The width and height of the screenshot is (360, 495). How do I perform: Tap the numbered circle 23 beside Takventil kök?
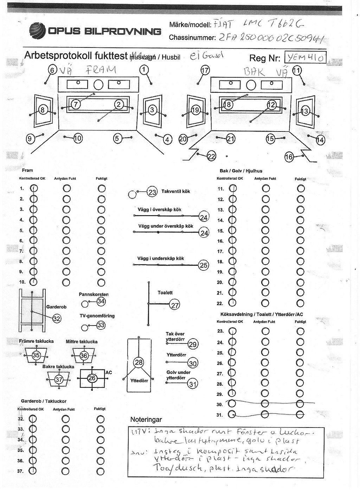pyautogui.click(x=152, y=192)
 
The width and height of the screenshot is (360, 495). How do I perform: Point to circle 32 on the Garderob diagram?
pyautogui.click(x=57, y=319)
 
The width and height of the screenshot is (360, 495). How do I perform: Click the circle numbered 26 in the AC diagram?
pyautogui.click(x=92, y=378)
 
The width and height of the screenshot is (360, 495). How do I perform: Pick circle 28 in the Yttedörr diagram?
pyautogui.click(x=140, y=363)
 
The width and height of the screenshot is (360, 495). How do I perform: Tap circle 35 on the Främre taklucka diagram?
pyautogui.click(x=36, y=355)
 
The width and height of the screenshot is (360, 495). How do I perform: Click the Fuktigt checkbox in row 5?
pyautogui.click(x=101, y=230)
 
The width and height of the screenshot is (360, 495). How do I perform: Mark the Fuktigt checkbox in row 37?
pyautogui.click(x=101, y=471)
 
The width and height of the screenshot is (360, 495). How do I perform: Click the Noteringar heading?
pyautogui.click(x=146, y=419)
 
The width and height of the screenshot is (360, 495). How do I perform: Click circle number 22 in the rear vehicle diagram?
pyautogui.click(x=212, y=156)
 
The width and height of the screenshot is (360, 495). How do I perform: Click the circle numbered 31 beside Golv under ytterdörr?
pyautogui.click(x=192, y=384)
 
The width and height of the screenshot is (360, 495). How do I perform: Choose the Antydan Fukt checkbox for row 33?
pyautogui.click(x=66, y=429)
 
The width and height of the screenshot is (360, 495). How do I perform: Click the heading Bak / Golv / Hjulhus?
pyautogui.click(x=241, y=171)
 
